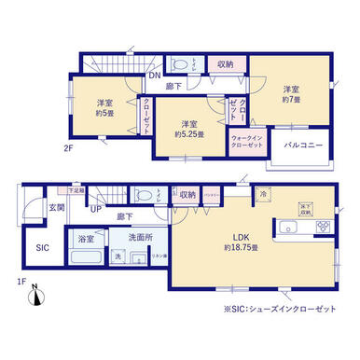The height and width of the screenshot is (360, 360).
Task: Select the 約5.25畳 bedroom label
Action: pos(190,130)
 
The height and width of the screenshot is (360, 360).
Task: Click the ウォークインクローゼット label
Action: pos(246,145)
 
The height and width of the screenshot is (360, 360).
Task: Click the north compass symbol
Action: pos(35,298)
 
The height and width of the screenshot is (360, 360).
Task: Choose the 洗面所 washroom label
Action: pos(141,237)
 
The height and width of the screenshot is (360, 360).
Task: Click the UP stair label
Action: pos(96,209)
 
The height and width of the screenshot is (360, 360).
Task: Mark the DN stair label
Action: pos(158,75)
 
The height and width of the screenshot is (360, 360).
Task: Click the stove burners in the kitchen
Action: pos(321,227)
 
